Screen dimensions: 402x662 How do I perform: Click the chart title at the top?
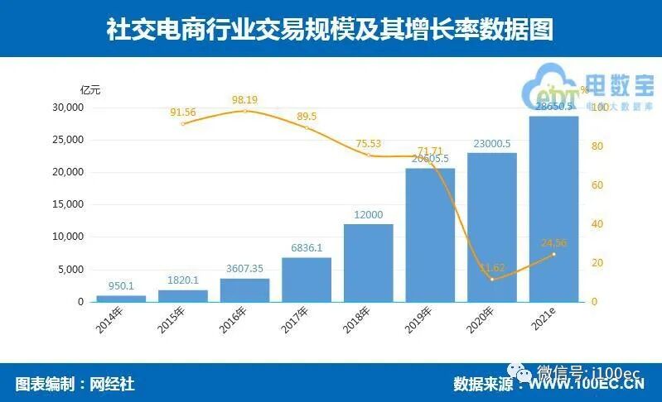pos(330,29)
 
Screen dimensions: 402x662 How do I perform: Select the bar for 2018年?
pos(368,263)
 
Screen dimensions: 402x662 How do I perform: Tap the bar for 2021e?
pos(553,209)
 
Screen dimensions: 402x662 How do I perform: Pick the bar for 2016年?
pos(244,290)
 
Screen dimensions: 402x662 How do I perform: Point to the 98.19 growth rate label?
pos(244,100)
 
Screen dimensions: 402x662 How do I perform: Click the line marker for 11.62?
pos(491,280)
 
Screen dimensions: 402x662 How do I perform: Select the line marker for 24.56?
pos(553,254)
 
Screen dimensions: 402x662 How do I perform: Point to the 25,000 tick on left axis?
pos(68,140)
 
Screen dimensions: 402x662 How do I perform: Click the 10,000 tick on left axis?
pos(68,237)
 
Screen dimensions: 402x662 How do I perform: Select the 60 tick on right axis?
pos(593,185)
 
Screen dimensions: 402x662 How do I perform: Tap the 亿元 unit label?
pos(89,89)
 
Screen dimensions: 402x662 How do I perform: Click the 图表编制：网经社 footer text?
pos(75,384)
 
